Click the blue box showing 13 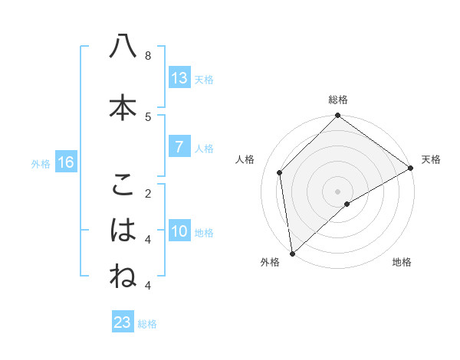click(179, 78)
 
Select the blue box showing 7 click(179, 147)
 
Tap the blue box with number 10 click(179, 231)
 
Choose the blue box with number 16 click(65, 162)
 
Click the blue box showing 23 click(123, 322)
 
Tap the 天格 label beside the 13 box click(204, 79)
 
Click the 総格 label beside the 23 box click(147, 324)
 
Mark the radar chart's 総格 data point click(337, 116)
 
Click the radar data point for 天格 click(411, 169)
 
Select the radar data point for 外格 click(291, 253)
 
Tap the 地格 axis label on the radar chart click(402, 263)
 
